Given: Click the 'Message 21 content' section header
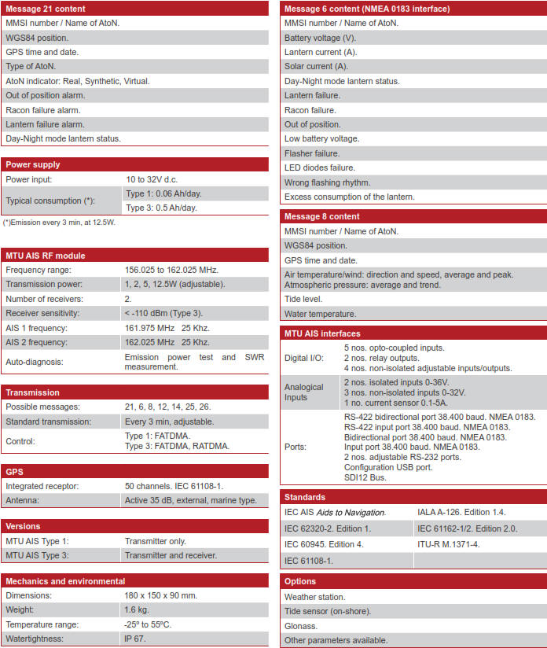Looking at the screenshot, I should pos(45,9).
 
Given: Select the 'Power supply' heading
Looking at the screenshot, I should pos(33,164).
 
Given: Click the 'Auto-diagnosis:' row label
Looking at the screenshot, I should pos(35,362).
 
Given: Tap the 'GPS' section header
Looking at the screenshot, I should pos(15,471).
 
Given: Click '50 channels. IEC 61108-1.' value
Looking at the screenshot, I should pos(174,486).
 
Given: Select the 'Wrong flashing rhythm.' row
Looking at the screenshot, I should pos(328,182).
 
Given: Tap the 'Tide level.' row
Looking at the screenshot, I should pos(303,300).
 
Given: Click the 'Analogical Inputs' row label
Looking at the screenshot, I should pos(303,392).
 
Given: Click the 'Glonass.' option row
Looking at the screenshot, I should pos(301,626).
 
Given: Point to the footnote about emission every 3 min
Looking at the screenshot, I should pos(59,223).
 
